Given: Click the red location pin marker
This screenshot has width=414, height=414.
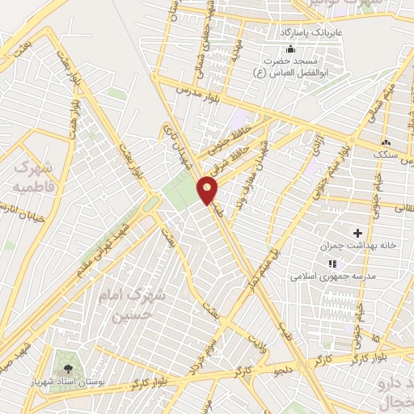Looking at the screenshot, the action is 208,190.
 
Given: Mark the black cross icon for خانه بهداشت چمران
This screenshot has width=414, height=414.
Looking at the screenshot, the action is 358,233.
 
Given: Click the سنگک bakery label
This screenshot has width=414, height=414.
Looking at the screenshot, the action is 385,154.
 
